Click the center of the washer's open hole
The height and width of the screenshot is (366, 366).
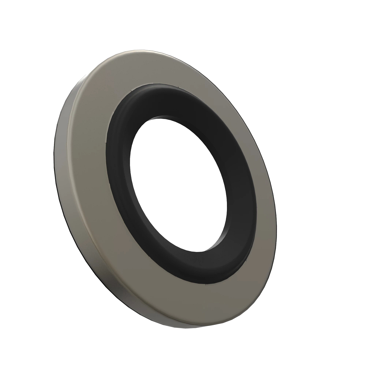pyautogui.click(x=178, y=183)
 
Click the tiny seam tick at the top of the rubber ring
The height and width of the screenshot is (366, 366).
pyautogui.click(x=177, y=88)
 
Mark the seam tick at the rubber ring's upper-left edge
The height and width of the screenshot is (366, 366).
pyautogui.click(x=130, y=91)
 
